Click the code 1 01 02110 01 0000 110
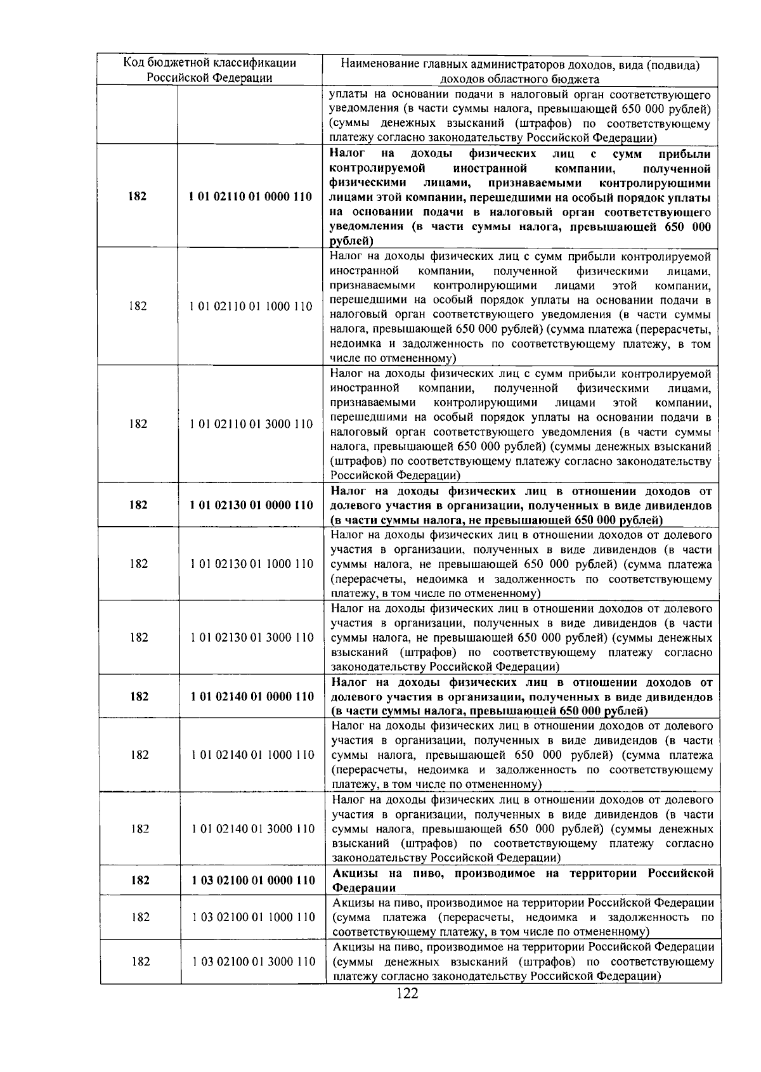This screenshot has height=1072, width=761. tap(250, 197)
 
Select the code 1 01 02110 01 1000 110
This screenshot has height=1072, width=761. tap(250, 306)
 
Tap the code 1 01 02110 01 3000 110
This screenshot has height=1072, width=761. tap(251, 424)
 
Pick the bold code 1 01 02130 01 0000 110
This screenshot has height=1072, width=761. tap(251, 505)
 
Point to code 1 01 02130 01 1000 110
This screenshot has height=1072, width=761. tap(252, 564)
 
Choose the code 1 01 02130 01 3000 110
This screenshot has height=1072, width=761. tap(252, 638)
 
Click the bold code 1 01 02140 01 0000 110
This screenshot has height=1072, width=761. tap(252, 696)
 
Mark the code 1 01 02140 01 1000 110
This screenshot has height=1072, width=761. tap(252, 754)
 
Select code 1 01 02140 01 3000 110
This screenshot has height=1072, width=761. tap(253, 829)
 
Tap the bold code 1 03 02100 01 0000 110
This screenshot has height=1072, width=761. tap(253, 880)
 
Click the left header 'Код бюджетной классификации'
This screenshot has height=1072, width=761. tap(209, 63)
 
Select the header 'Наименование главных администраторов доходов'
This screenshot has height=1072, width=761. tap(520, 64)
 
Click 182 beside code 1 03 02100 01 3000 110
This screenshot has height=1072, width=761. tap(141, 961)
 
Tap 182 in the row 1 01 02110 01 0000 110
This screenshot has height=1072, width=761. tap(137, 197)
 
